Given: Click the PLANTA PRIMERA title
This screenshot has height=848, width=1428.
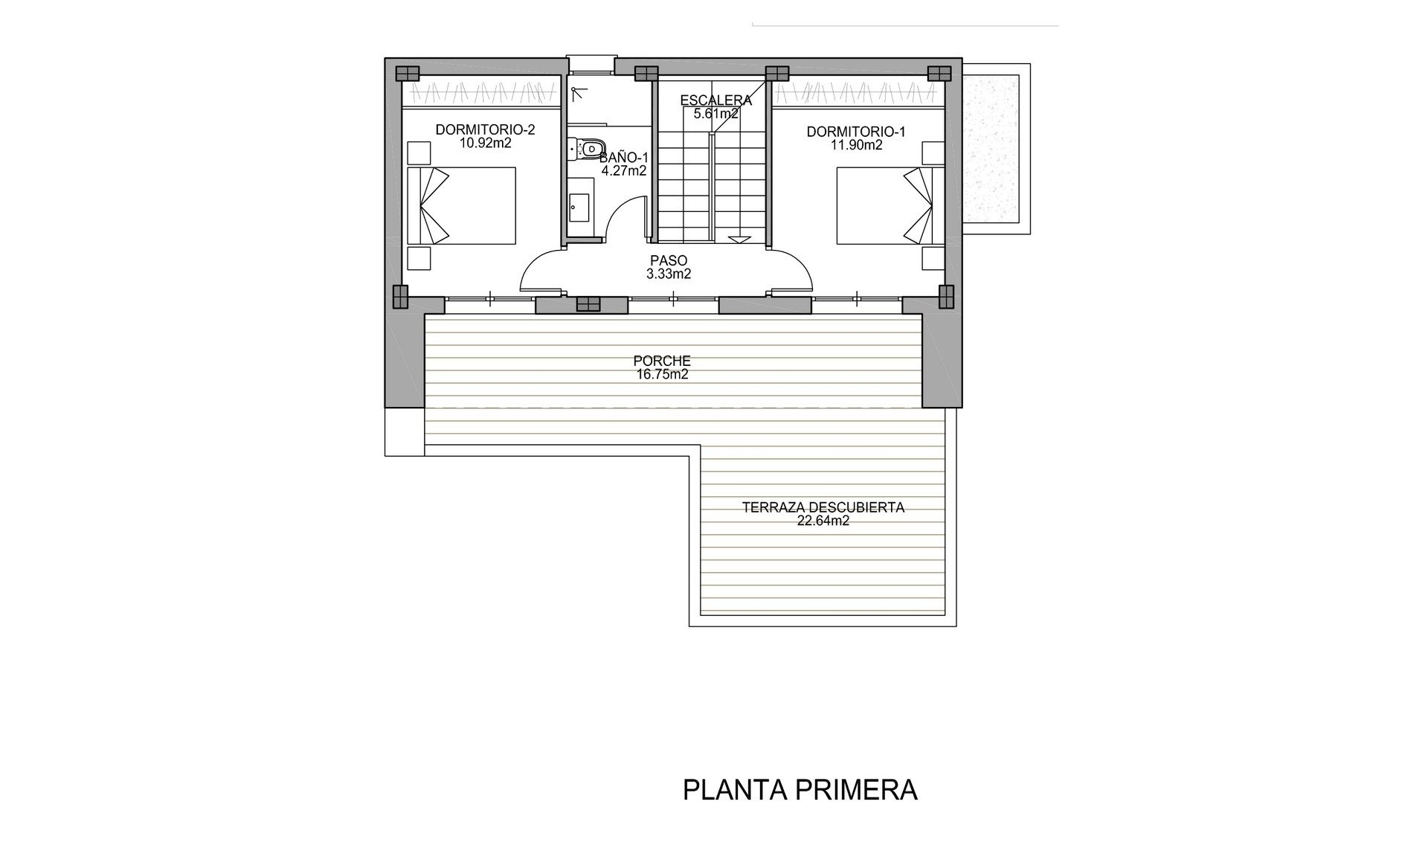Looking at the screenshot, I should (x=800, y=790).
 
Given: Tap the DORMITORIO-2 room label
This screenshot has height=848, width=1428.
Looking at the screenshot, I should (x=485, y=130).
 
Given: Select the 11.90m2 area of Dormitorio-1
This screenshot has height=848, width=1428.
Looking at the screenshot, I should (x=856, y=146).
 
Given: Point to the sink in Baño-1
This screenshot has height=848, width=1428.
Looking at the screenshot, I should (x=579, y=208).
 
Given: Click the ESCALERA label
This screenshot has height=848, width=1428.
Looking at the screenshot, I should (x=715, y=100).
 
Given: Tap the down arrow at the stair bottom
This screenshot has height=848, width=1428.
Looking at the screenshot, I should (x=739, y=240).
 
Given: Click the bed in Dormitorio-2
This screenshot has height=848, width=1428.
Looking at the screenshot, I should (x=462, y=205).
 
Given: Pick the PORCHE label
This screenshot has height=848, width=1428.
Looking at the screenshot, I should (x=662, y=362).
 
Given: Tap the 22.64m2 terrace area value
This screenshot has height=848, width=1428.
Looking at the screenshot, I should (x=823, y=521).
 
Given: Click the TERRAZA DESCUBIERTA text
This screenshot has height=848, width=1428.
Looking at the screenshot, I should (x=823, y=507).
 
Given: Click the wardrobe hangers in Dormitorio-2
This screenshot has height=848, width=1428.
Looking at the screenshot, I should (x=480, y=94).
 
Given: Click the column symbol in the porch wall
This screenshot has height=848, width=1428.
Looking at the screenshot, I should (x=588, y=305).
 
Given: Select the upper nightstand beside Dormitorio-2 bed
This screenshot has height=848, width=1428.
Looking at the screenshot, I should (x=419, y=154).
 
